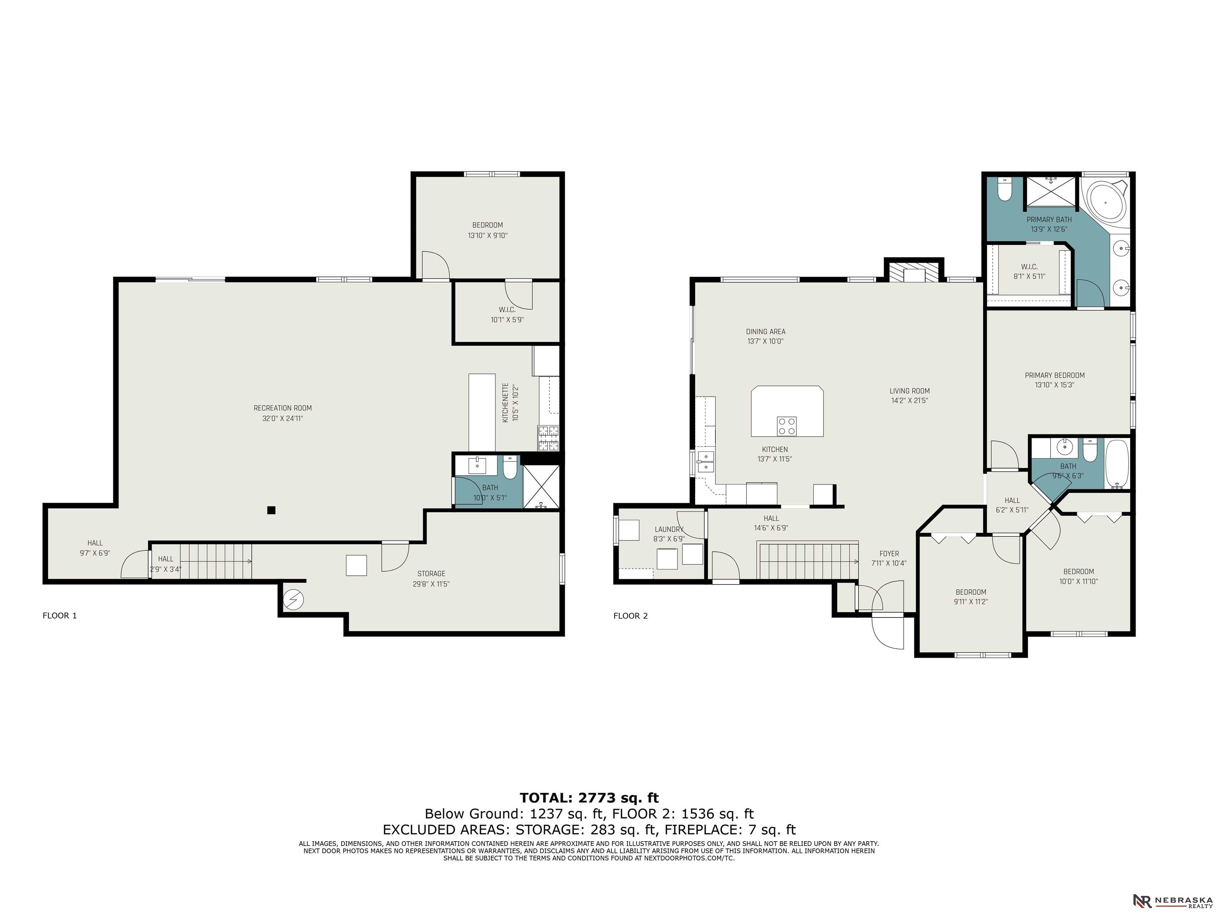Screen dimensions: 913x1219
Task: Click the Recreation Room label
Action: coord(282,408)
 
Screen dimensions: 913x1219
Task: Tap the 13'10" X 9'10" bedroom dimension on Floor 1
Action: coord(487,235)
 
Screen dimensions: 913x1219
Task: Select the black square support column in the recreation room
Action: coord(271,510)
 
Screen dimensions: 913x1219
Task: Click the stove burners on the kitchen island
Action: coord(786,426)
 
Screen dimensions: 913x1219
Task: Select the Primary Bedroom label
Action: coord(1054,375)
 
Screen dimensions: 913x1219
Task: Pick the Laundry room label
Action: coord(669,529)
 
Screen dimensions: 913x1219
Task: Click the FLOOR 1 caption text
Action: coord(60,615)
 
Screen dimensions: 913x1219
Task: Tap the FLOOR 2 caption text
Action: coord(631,615)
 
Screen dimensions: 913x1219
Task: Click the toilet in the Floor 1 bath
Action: coord(510,467)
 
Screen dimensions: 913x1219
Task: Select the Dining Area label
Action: coord(765,332)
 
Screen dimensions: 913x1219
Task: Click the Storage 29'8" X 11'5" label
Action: coord(431,579)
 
